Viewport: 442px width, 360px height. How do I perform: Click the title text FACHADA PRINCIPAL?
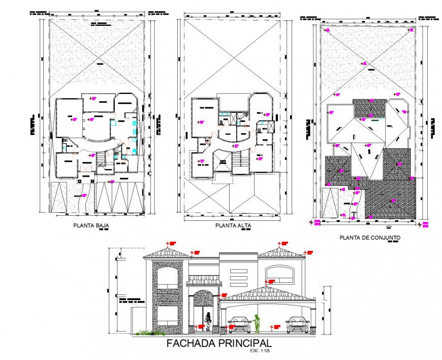click(x=219, y=344)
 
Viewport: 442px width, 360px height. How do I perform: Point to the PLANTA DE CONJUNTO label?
click(x=369, y=237)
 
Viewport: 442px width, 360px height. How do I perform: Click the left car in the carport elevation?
click(x=239, y=324)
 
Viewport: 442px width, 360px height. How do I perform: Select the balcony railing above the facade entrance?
click(x=204, y=282)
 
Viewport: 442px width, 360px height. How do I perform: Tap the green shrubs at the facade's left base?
click(x=147, y=333)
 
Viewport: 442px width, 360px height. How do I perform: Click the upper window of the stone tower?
click(x=167, y=279)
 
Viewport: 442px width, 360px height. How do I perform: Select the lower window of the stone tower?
click(x=167, y=315)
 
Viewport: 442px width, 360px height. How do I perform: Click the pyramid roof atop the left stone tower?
click(x=167, y=252)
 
